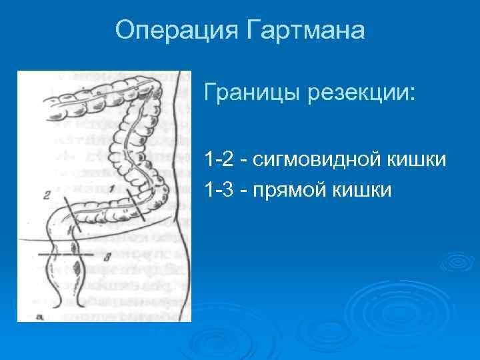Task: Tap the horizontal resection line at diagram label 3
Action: [x=67, y=254]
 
